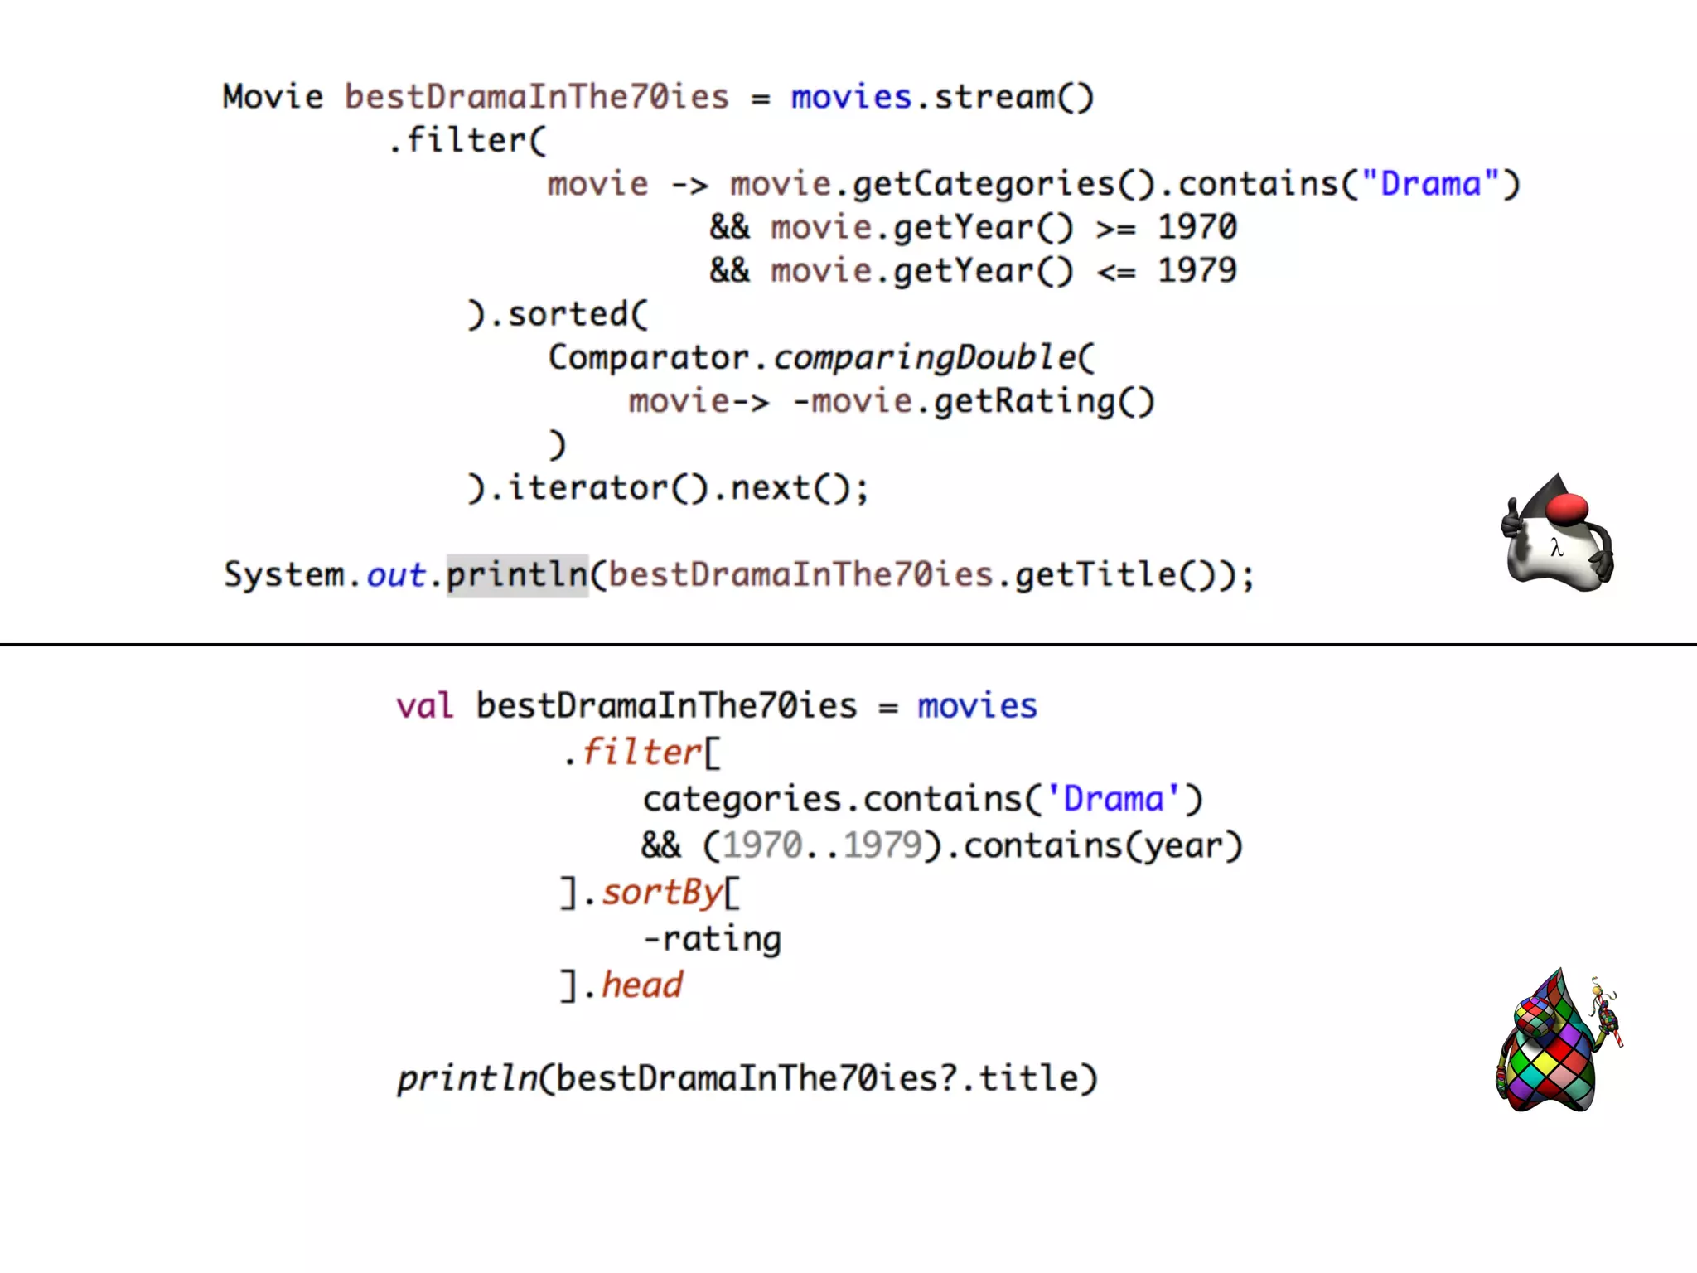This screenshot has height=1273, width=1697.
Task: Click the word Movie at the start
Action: (x=273, y=97)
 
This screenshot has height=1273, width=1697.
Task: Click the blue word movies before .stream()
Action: (x=851, y=97)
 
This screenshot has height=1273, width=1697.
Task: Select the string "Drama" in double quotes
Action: (x=1431, y=184)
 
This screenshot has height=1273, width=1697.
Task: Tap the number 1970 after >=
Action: (x=1197, y=227)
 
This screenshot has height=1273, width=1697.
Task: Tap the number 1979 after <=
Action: (x=1197, y=270)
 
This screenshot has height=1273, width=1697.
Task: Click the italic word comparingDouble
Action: (x=925, y=358)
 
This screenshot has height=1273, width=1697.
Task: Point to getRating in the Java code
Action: (x=1025, y=401)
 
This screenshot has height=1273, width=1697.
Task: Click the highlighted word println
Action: (x=516, y=574)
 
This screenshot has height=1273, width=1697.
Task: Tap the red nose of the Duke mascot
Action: (x=1567, y=508)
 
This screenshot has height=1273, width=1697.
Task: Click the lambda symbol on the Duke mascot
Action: (x=1556, y=548)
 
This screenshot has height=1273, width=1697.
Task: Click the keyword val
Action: (x=424, y=706)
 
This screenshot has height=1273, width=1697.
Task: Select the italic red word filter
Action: (x=642, y=753)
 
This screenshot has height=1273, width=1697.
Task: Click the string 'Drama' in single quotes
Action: (x=1113, y=799)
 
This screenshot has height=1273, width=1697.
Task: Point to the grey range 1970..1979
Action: (x=822, y=845)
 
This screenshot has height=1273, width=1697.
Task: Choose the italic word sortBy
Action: (x=662, y=893)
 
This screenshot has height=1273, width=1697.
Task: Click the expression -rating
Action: (x=712, y=939)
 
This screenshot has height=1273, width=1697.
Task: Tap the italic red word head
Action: (x=642, y=985)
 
